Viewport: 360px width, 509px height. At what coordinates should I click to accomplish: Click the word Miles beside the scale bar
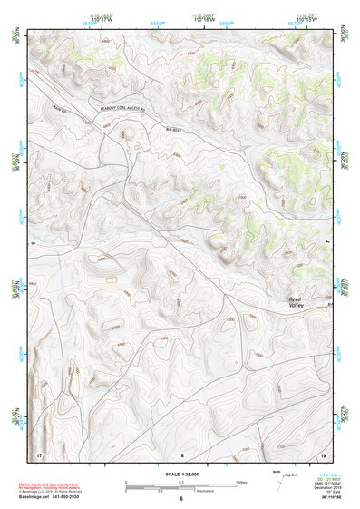point(241,482)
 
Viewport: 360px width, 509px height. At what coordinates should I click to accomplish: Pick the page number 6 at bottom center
point(180,500)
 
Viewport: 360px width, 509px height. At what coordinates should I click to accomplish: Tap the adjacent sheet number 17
point(38,453)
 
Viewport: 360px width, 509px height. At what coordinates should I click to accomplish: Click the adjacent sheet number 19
point(322,453)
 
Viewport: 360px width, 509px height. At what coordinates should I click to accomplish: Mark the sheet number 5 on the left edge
point(31,243)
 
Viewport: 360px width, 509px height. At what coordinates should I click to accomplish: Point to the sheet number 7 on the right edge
point(328,243)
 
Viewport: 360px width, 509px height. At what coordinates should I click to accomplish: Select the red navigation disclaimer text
point(54,484)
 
